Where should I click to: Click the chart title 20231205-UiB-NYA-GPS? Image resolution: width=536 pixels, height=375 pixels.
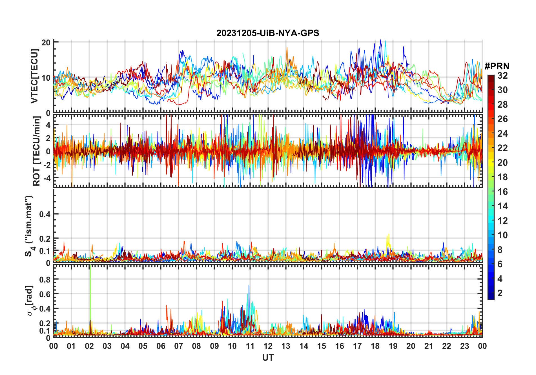click(x=268, y=33)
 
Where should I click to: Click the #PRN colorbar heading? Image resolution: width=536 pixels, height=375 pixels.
click(x=497, y=66)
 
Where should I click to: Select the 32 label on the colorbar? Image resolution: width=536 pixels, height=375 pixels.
click(x=502, y=76)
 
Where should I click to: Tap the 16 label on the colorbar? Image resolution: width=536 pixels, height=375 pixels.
click(x=502, y=192)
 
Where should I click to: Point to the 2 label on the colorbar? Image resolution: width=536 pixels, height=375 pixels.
click(x=500, y=293)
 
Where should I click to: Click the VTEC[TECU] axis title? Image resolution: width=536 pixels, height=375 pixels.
click(x=34, y=76)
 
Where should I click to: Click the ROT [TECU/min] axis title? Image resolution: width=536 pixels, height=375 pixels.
click(x=37, y=151)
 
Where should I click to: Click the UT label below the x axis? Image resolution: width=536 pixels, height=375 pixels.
click(x=268, y=358)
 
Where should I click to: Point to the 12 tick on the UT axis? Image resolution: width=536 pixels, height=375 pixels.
click(x=268, y=346)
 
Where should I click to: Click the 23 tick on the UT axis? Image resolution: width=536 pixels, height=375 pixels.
click(x=464, y=346)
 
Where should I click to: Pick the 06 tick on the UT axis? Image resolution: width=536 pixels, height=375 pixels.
click(x=161, y=346)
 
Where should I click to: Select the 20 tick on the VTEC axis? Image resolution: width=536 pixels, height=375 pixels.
click(x=46, y=43)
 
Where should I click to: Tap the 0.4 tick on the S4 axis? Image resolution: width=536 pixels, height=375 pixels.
click(x=45, y=214)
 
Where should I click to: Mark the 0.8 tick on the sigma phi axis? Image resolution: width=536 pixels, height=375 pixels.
click(x=45, y=279)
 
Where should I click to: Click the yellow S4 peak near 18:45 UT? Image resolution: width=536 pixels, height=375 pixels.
click(x=389, y=235)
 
